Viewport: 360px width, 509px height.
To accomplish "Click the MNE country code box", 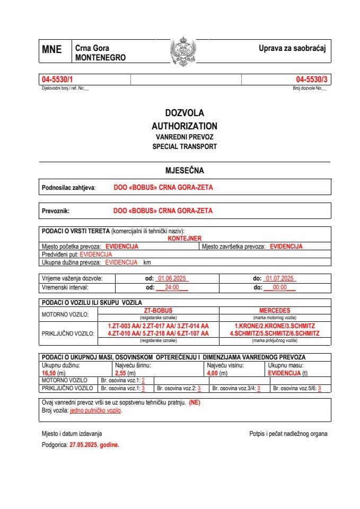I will click(52, 50).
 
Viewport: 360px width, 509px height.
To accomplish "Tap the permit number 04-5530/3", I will click(311, 80).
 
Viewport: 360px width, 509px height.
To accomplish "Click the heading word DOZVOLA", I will click(184, 113).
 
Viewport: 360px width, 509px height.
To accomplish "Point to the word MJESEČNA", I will click(184, 171).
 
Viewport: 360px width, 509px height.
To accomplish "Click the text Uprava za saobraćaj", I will click(292, 48).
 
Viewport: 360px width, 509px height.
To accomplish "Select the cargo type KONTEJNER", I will click(184, 239).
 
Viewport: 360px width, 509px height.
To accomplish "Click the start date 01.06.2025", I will click(171, 278).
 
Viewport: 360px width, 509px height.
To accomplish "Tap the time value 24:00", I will click(172, 287).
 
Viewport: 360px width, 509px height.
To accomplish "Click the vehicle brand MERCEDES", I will click(275, 311).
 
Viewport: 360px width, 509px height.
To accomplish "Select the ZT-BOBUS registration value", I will click(159, 311).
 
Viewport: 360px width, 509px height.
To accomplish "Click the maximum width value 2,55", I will click(121, 373).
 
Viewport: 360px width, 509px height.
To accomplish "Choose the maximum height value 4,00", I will click(214, 373).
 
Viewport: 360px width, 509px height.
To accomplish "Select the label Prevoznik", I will click(56, 210).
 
